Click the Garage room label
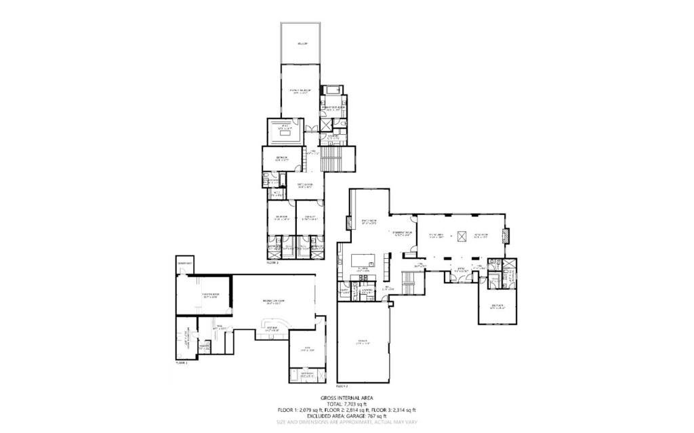click(363, 342)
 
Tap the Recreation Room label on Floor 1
click(273, 302)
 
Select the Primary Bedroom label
click(301, 91)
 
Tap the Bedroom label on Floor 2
click(499, 306)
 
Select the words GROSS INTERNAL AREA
click(346, 398)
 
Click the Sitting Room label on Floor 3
click(304, 184)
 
